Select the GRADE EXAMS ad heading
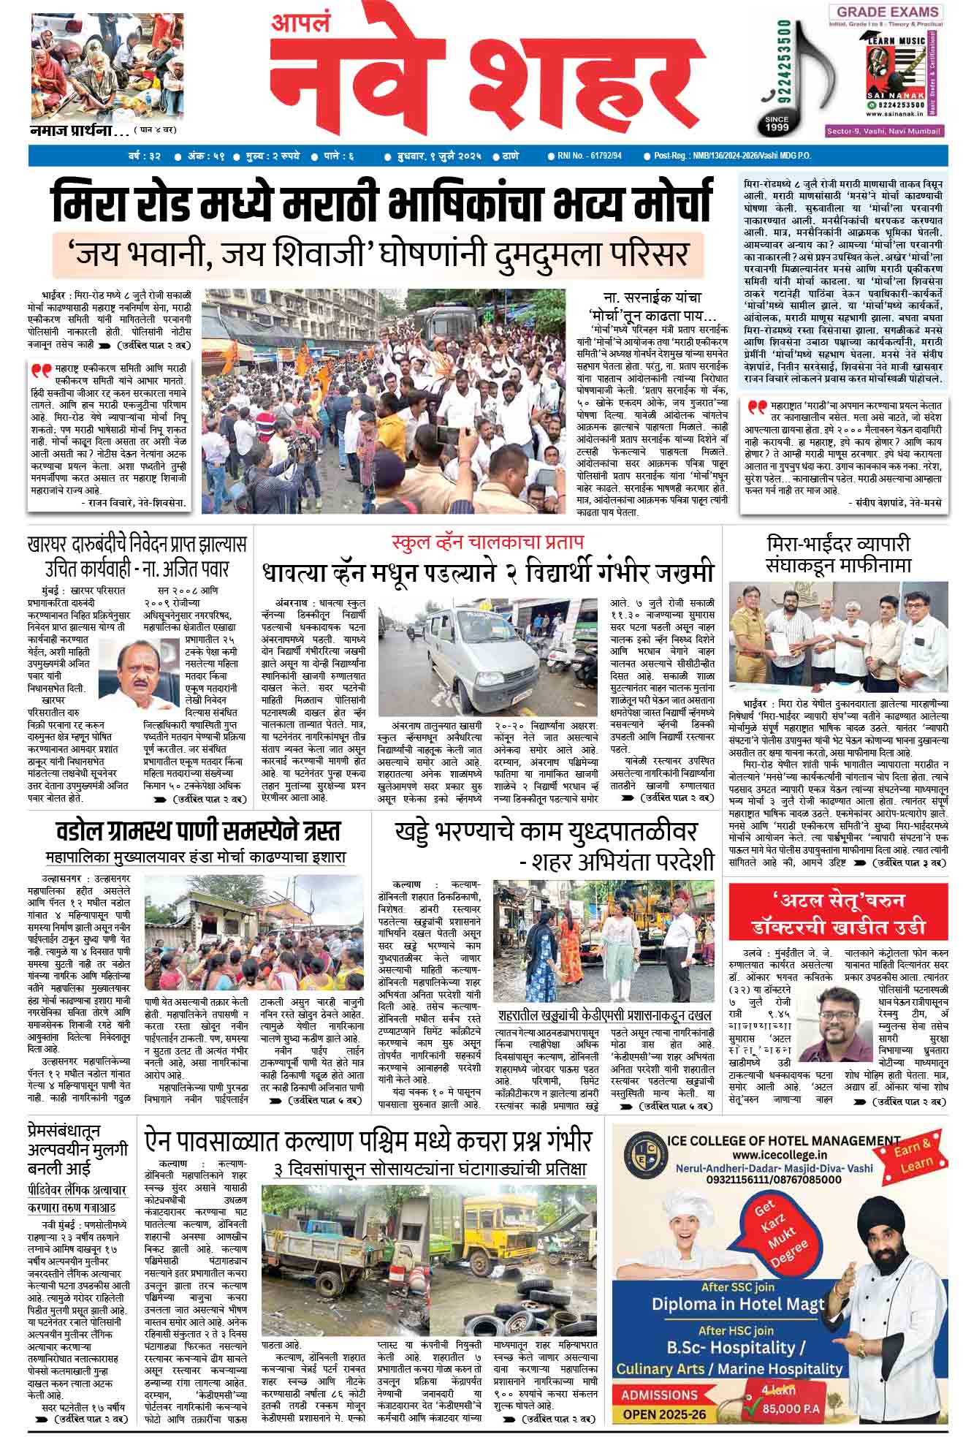(887, 12)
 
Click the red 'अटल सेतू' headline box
(838, 911)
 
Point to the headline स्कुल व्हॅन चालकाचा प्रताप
(487, 543)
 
